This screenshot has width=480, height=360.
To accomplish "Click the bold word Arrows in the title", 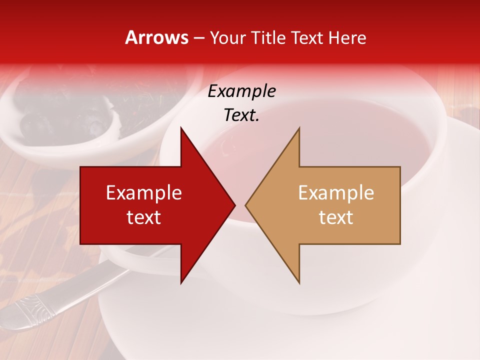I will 156,37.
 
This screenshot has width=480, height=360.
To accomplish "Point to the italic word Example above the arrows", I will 242,91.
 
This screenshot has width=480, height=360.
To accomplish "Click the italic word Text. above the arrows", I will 242,115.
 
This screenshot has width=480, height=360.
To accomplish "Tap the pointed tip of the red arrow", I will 233,205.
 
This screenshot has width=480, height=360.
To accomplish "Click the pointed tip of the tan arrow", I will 247,205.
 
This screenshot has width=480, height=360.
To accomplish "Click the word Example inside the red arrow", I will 144,193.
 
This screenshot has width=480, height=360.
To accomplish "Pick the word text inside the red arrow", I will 144,217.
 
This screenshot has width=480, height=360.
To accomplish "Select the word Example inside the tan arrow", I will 336,193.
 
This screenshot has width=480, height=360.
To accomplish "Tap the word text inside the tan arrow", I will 336,217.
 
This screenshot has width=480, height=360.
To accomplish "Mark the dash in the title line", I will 198,38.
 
